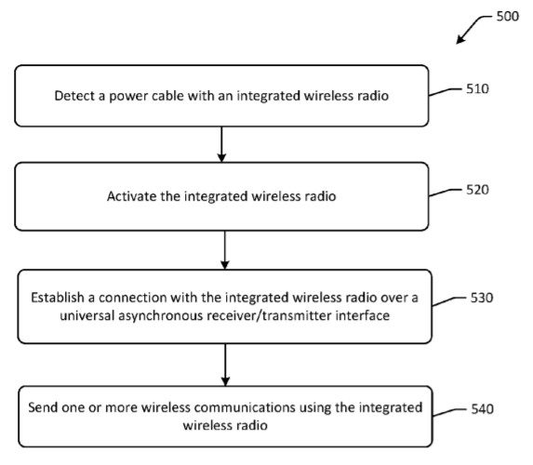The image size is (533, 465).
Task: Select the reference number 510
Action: [475, 89]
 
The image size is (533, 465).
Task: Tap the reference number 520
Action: [475, 189]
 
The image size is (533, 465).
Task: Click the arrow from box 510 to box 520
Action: [221, 144]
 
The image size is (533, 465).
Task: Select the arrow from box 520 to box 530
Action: [224, 249]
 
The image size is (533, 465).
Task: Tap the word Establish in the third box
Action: [58, 298]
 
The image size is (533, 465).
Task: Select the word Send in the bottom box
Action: [46, 407]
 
